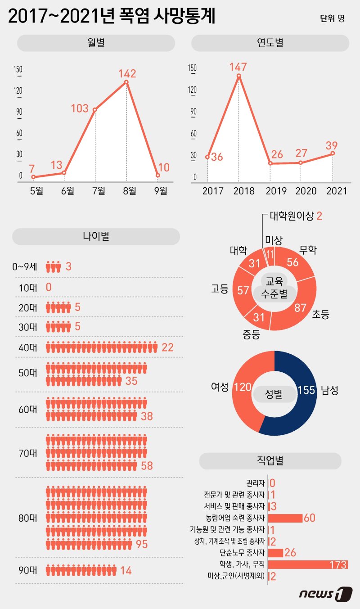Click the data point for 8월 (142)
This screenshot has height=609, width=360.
[x=126, y=82]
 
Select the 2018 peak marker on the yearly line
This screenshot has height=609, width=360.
[x=238, y=76]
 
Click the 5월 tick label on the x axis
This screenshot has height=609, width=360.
[x=36, y=190]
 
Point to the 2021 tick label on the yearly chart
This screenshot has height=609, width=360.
[x=337, y=190]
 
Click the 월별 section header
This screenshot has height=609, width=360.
[x=96, y=43]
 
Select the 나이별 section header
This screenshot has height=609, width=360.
[x=96, y=236]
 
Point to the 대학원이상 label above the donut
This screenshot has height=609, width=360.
[x=291, y=216]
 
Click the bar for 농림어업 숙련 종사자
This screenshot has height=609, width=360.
[x=285, y=518]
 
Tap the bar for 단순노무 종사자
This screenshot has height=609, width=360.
[x=276, y=553]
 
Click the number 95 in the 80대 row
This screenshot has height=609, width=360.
[x=141, y=544]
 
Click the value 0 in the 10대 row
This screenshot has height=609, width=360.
[x=49, y=287]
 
